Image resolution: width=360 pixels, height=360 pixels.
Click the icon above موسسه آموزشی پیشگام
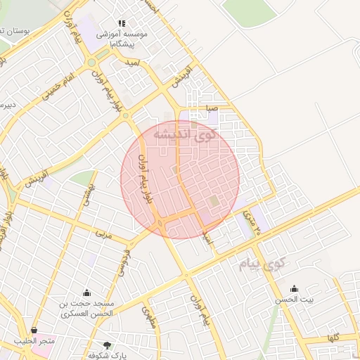pos(122,23)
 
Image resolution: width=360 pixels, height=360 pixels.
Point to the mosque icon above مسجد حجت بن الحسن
pos(86,292)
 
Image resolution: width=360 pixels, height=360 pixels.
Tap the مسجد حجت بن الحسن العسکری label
pos(86,309)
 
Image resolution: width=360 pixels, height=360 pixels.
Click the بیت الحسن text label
pos(294,300)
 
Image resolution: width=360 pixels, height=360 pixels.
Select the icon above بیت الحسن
pos(294,288)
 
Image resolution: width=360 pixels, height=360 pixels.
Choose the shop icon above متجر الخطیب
pos(34,330)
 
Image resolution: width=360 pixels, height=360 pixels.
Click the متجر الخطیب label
pos(34,342)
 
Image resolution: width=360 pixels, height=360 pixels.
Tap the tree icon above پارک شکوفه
pos(107,345)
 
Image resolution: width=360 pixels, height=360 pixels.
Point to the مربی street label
pos(104,234)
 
